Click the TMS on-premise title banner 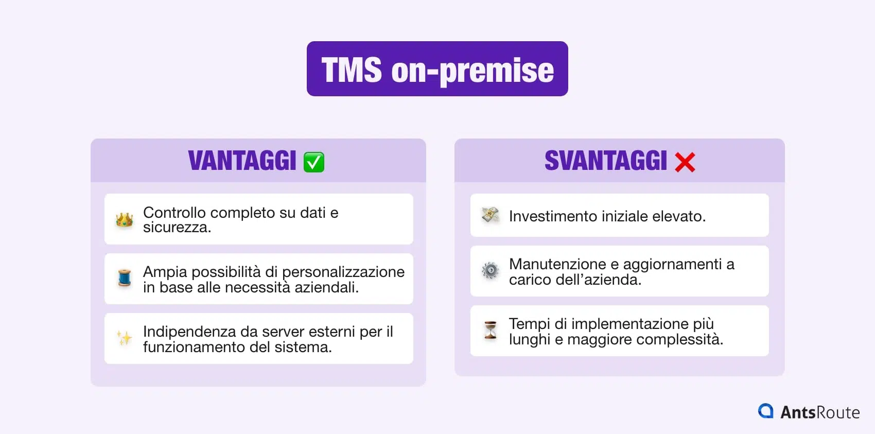click(437, 69)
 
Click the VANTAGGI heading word click(242, 161)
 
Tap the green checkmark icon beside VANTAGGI click(314, 162)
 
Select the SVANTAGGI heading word click(605, 161)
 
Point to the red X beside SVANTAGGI click(685, 162)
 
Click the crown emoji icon click(125, 220)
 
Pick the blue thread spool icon click(125, 278)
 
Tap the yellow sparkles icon click(125, 338)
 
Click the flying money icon click(491, 215)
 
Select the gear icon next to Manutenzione click(491, 270)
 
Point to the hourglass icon click(491, 330)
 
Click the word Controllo click(174, 213)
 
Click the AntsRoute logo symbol click(766, 411)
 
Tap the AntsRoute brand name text click(820, 412)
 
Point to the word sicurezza click(177, 228)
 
